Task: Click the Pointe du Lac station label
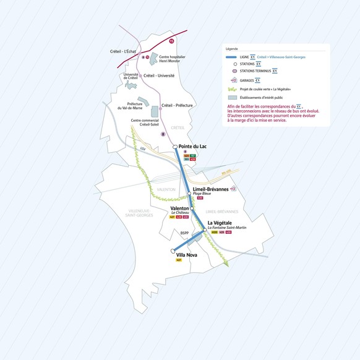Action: (x=192, y=146)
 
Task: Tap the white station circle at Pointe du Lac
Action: (x=175, y=147)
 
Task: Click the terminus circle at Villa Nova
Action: (x=173, y=251)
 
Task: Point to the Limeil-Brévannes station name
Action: (x=210, y=189)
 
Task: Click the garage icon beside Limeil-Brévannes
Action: (x=233, y=189)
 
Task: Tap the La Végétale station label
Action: (x=220, y=223)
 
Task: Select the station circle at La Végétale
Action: (x=205, y=229)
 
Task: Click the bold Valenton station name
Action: (x=179, y=209)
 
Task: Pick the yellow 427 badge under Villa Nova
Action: (x=179, y=260)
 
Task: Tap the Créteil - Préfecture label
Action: (x=177, y=106)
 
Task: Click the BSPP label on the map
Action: (x=184, y=233)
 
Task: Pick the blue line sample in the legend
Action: (x=234, y=56)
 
